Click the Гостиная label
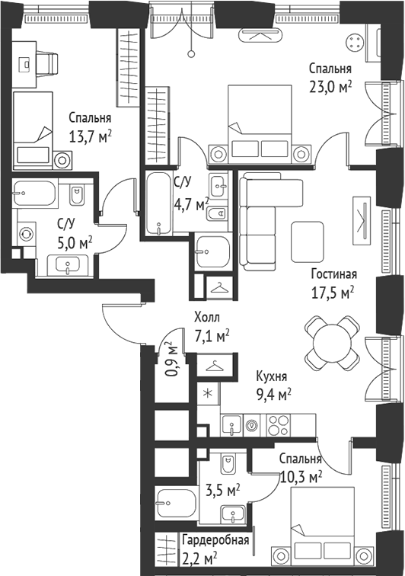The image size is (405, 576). [x=333, y=274]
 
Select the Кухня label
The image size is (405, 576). [x=271, y=376]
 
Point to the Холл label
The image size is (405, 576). [x=208, y=317]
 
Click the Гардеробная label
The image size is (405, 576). [x=215, y=540]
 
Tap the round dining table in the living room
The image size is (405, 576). [x=332, y=344]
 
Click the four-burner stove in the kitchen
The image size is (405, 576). [x=278, y=425]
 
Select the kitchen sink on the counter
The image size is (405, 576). [x=232, y=425]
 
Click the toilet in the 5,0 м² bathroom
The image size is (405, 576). [x=76, y=195]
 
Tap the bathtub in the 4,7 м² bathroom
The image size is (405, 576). [x=159, y=203]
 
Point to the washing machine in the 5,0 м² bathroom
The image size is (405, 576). [x=26, y=234]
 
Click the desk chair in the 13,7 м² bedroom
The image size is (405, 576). [x=47, y=65]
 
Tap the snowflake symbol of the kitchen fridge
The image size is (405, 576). [x=208, y=393]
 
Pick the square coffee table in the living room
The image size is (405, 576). [x=308, y=242]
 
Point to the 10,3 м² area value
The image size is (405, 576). [x=301, y=478]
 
